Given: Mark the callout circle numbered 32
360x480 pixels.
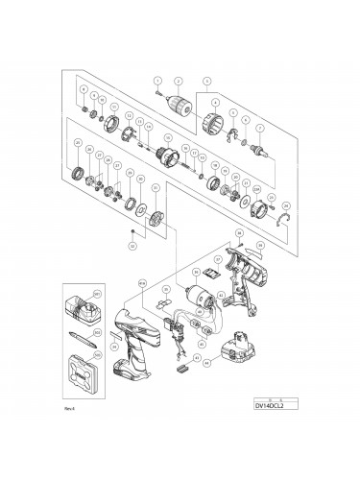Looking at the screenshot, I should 132,245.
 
